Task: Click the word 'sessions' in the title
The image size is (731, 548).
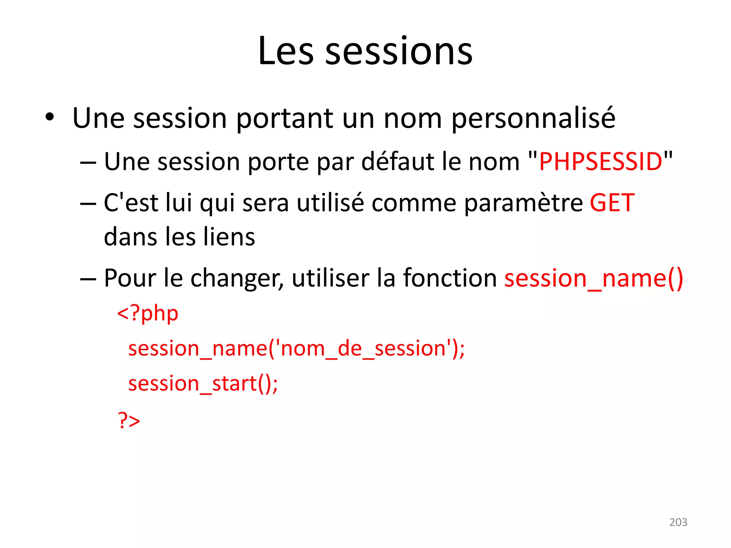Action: [399, 52]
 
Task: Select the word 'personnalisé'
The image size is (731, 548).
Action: [533, 119]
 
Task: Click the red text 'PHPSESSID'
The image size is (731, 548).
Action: [601, 162]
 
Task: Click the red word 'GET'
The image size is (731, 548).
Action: [612, 203]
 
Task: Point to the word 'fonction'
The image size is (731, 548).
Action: [450, 278]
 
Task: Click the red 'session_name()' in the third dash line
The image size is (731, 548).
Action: [594, 279]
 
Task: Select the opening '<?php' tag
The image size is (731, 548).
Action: [148, 314]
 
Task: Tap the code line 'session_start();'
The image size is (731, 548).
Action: [203, 384]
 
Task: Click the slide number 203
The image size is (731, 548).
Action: [678, 522]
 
